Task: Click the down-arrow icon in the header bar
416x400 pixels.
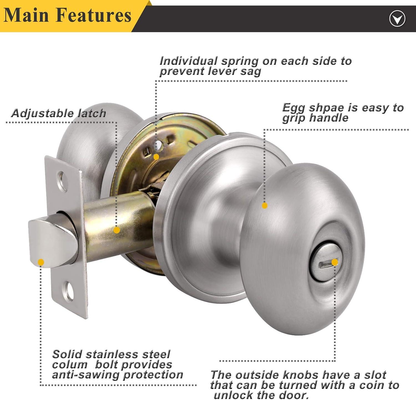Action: [397, 19]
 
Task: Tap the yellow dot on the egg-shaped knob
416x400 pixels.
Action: [265, 206]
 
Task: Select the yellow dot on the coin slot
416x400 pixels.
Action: [335, 262]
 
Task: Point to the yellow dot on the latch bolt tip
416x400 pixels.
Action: [41, 262]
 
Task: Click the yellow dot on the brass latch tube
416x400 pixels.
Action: [117, 230]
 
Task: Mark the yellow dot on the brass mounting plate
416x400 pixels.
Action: [156, 157]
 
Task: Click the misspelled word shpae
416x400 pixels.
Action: [323, 108]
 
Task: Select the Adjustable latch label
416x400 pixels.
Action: [59, 113]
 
